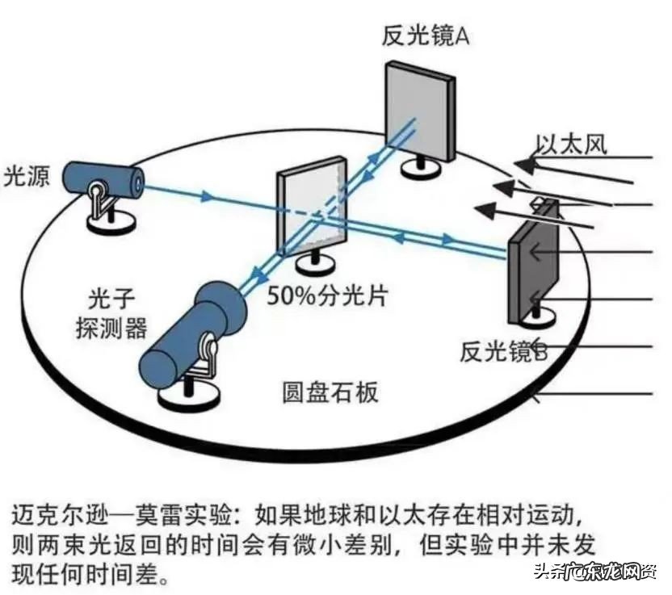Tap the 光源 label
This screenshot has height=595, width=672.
click(x=27, y=175)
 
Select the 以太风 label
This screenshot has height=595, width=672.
click(x=571, y=145)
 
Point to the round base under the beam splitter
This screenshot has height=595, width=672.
click(x=310, y=262)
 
